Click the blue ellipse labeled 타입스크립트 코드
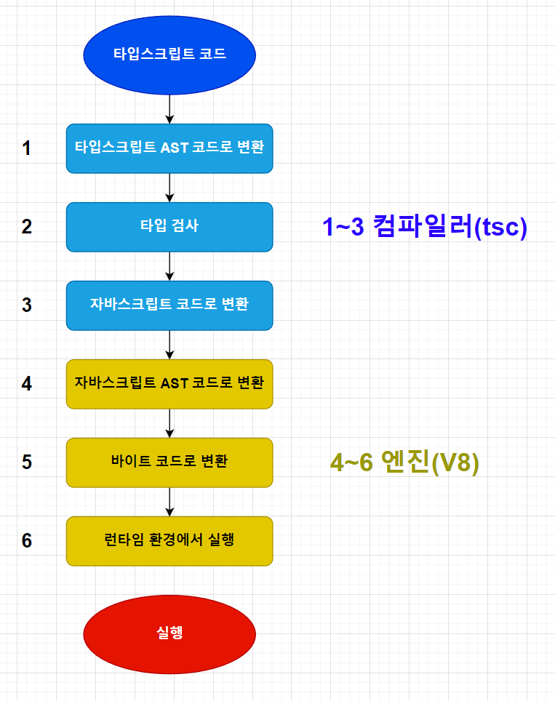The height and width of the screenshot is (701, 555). (169, 55)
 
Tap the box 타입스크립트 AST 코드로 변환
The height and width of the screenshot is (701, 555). (169, 148)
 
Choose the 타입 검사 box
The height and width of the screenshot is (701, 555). (169, 226)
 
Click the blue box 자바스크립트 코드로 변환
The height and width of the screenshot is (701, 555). (169, 305)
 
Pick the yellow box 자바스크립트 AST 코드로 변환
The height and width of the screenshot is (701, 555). (169, 383)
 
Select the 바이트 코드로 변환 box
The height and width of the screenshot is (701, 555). (169, 462)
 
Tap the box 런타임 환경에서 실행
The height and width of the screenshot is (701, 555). (169, 540)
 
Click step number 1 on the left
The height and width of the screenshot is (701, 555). (27, 148)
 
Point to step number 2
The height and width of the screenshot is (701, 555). (27, 226)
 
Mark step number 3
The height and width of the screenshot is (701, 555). (27, 305)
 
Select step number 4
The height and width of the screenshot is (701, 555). (27, 383)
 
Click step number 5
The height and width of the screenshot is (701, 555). (27, 462)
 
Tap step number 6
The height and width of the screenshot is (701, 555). (27, 540)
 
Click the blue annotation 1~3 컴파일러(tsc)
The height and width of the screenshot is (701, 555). (424, 228)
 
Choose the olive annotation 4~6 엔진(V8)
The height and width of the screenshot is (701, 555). (405, 463)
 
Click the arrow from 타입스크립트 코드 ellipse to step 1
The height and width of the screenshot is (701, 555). (169, 109)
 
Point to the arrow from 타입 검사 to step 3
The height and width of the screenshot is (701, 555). (169, 265)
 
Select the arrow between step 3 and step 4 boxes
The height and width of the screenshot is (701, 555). (169, 344)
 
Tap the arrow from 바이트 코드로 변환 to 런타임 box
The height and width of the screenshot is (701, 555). (169, 501)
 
